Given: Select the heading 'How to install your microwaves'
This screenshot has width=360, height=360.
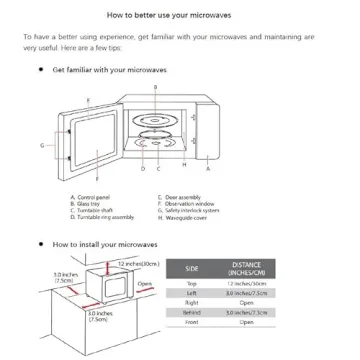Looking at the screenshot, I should click(x=98, y=243).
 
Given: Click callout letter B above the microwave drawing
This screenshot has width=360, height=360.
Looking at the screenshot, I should click(x=156, y=88).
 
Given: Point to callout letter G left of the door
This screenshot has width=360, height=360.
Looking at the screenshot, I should click(x=42, y=146).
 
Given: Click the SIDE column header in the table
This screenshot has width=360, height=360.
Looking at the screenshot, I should click(x=221, y=267).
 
